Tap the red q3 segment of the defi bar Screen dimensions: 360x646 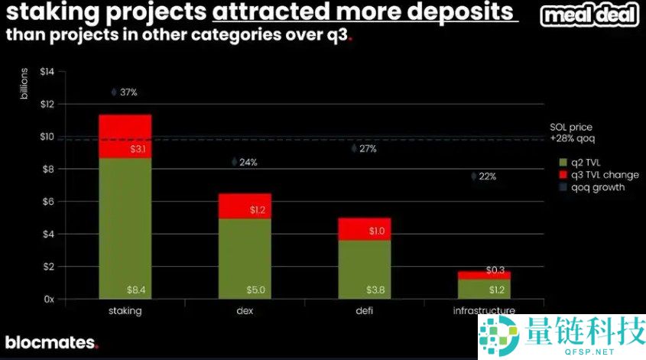click(x=364, y=229)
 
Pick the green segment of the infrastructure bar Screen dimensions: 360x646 click(x=484, y=289)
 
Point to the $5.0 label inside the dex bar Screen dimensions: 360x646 click(x=257, y=290)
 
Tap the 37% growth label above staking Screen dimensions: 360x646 click(x=128, y=92)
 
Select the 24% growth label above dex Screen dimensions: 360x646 click(x=248, y=162)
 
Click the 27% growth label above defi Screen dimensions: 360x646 click(x=367, y=149)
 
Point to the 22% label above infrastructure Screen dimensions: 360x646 click(x=487, y=177)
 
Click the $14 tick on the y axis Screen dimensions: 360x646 click(x=47, y=72)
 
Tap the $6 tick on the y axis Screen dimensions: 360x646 click(x=49, y=202)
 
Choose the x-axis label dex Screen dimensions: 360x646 click(x=245, y=311)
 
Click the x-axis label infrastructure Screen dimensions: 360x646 click(x=484, y=311)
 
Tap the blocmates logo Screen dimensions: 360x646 click(x=52, y=342)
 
